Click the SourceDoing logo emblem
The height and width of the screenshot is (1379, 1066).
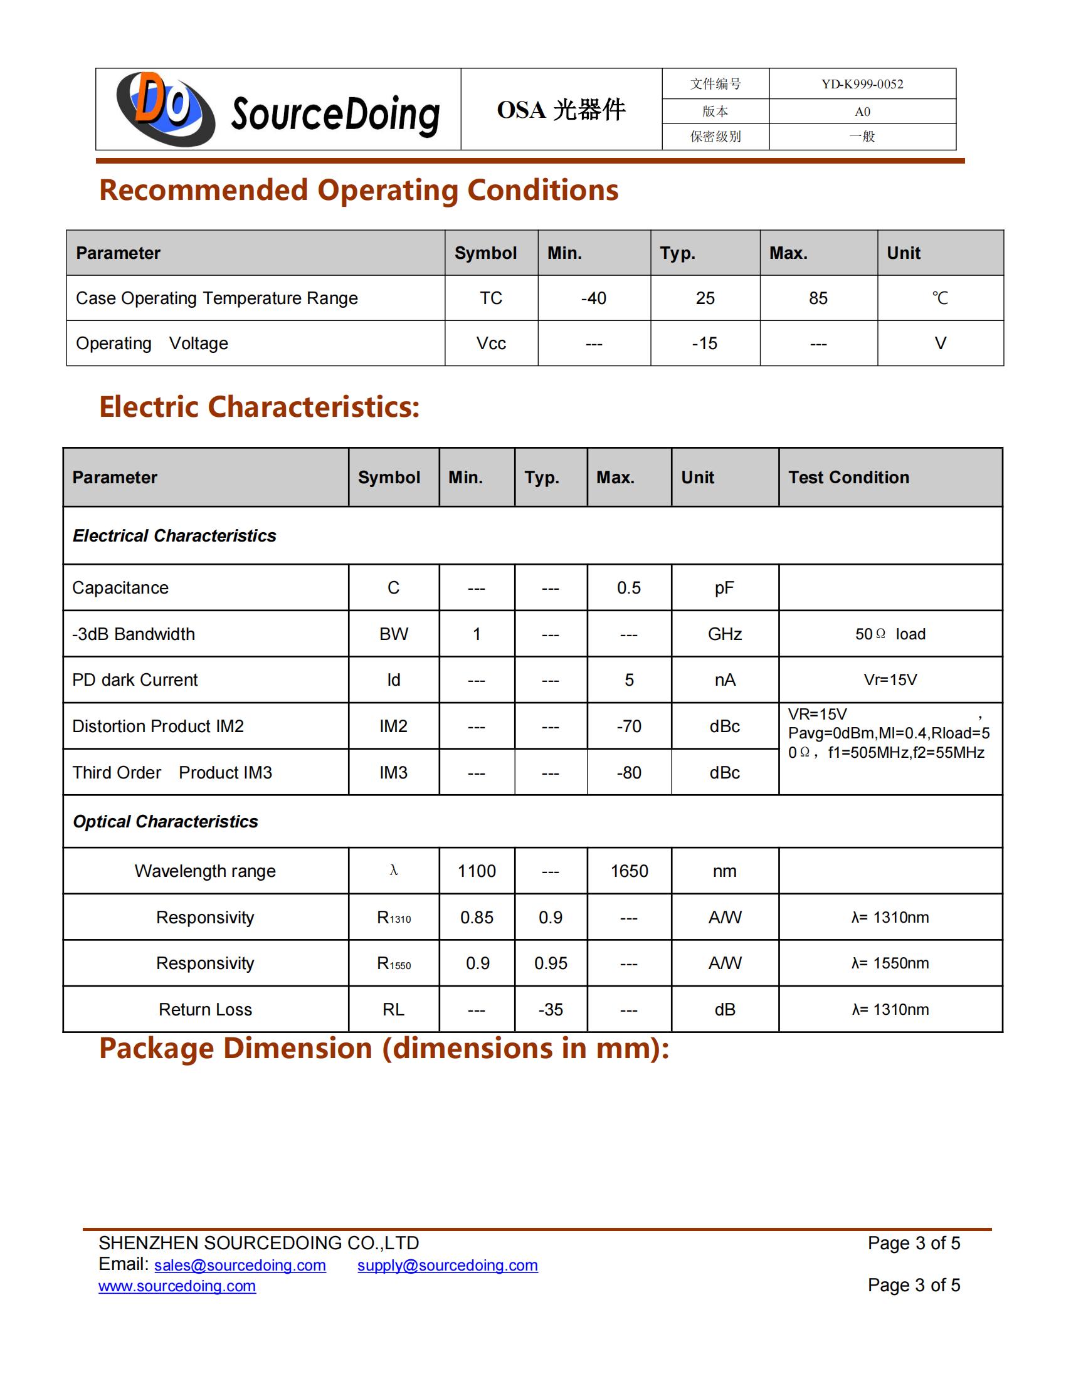[x=166, y=108]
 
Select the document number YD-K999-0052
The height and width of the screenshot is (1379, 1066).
[x=862, y=84]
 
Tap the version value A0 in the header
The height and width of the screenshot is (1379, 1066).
[x=862, y=112]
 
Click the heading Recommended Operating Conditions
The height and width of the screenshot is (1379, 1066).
[x=359, y=190]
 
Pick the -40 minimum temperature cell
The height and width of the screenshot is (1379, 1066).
[x=594, y=298]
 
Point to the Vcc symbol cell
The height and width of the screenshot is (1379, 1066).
[x=491, y=343]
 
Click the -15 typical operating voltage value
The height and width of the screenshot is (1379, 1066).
[x=705, y=343]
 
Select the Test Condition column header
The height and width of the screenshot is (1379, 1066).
[x=848, y=478]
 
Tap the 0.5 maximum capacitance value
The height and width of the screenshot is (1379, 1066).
[x=629, y=588]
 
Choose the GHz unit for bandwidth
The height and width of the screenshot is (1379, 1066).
[x=724, y=634]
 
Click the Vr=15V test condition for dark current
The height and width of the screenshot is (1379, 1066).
[x=890, y=680]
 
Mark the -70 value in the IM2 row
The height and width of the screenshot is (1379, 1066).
[x=629, y=726]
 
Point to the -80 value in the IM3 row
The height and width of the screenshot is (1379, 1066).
[x=629, y=773]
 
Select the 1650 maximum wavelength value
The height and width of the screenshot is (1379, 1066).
[x=629, y=871]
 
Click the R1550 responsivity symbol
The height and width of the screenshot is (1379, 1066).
[x=393, y=963]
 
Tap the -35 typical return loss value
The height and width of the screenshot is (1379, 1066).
[x=551, y=1010]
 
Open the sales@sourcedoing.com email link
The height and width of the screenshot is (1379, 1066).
[x=240, y=1266]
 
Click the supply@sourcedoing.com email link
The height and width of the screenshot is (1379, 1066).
[x=447, y=1266]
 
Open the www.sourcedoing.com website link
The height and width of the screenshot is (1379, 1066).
[x=177, y=1286]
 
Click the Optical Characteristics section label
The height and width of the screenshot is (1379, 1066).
[x=166, y=822]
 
